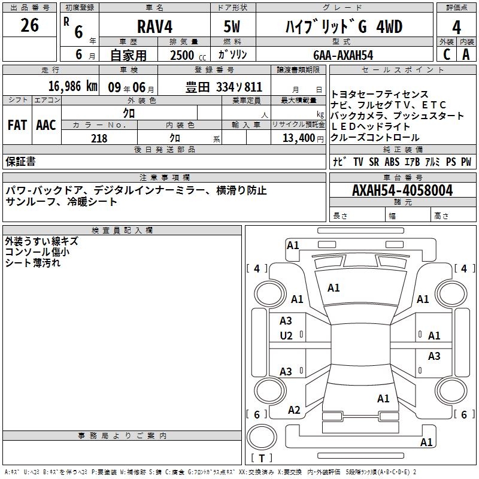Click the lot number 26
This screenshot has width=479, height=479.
(29, 26)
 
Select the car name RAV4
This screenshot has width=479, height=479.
(154, 27)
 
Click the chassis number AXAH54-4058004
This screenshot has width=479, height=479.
(402, 190)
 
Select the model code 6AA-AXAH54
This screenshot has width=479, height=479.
(343, 54)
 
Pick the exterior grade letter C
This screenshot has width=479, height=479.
(446, 54)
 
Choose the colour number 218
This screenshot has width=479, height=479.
(99, 138)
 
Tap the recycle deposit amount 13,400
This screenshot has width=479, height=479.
(297, 138)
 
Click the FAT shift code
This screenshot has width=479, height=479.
(17, 125)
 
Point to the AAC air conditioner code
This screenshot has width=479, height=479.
(46, 125)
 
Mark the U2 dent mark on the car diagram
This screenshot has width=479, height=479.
(286, 336)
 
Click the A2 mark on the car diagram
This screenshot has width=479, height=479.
(294, 410)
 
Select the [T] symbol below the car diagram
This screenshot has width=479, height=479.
(261, 459)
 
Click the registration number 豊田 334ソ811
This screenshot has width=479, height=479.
(224, 86)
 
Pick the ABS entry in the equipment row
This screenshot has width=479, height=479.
(392, 162)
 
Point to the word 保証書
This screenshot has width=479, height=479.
(20, 161)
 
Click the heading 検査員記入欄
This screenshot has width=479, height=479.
(122, 230)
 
